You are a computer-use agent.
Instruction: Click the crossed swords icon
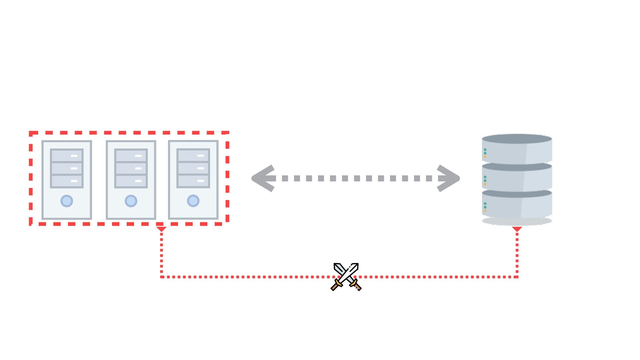click(346, 277)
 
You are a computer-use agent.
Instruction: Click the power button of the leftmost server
click(67, 201)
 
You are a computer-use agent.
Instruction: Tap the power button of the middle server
click(131, 201)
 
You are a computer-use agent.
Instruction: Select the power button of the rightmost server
click(193, 201)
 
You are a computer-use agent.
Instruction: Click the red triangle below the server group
click(161, 229)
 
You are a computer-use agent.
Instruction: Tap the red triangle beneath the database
click(517, 229)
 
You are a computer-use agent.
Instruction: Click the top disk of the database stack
click(517, 150)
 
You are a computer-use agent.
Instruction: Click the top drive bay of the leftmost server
click(67, 156)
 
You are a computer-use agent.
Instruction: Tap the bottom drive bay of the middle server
click(131, 181)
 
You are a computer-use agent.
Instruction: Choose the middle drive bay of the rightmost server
click(193, 168)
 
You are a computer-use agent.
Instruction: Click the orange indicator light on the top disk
click(485, 157)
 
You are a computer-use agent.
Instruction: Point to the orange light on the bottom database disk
click(485, 211)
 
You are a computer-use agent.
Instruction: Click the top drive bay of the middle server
click(131, 156)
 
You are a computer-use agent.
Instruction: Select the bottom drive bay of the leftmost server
click(67, 181)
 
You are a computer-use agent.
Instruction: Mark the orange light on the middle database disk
click(485, 184)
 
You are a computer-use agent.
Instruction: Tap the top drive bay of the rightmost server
click(193, 155)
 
